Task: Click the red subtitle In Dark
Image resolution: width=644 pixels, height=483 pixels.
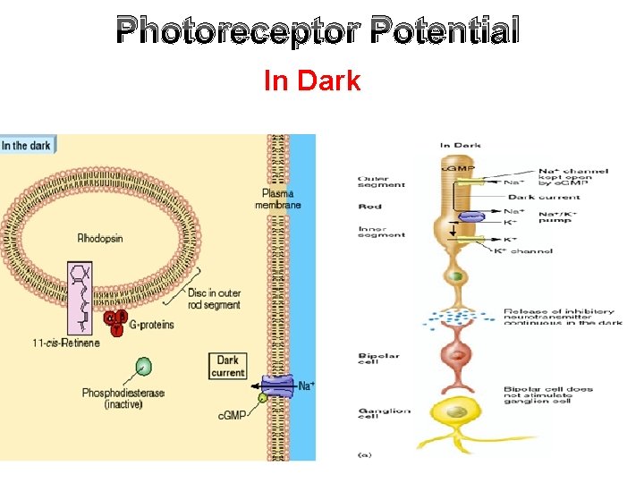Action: (x=312, y=81)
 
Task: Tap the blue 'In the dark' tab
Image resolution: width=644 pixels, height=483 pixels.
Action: (x=27, y=145)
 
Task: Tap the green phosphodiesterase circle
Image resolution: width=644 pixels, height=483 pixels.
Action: (x=143, y=366)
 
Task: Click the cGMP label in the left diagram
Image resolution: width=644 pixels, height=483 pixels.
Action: (x=230, y=415)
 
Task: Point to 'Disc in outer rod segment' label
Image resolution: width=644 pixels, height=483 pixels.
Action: (x=215, y=299)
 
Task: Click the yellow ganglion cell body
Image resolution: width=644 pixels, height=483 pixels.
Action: (x=457, y=413)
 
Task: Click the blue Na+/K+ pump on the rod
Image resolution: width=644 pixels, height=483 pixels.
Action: (x=471, y=216)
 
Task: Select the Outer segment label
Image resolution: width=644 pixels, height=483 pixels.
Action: (x=381, y=181)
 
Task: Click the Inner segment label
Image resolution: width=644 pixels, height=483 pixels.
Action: (x=381, y=231)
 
